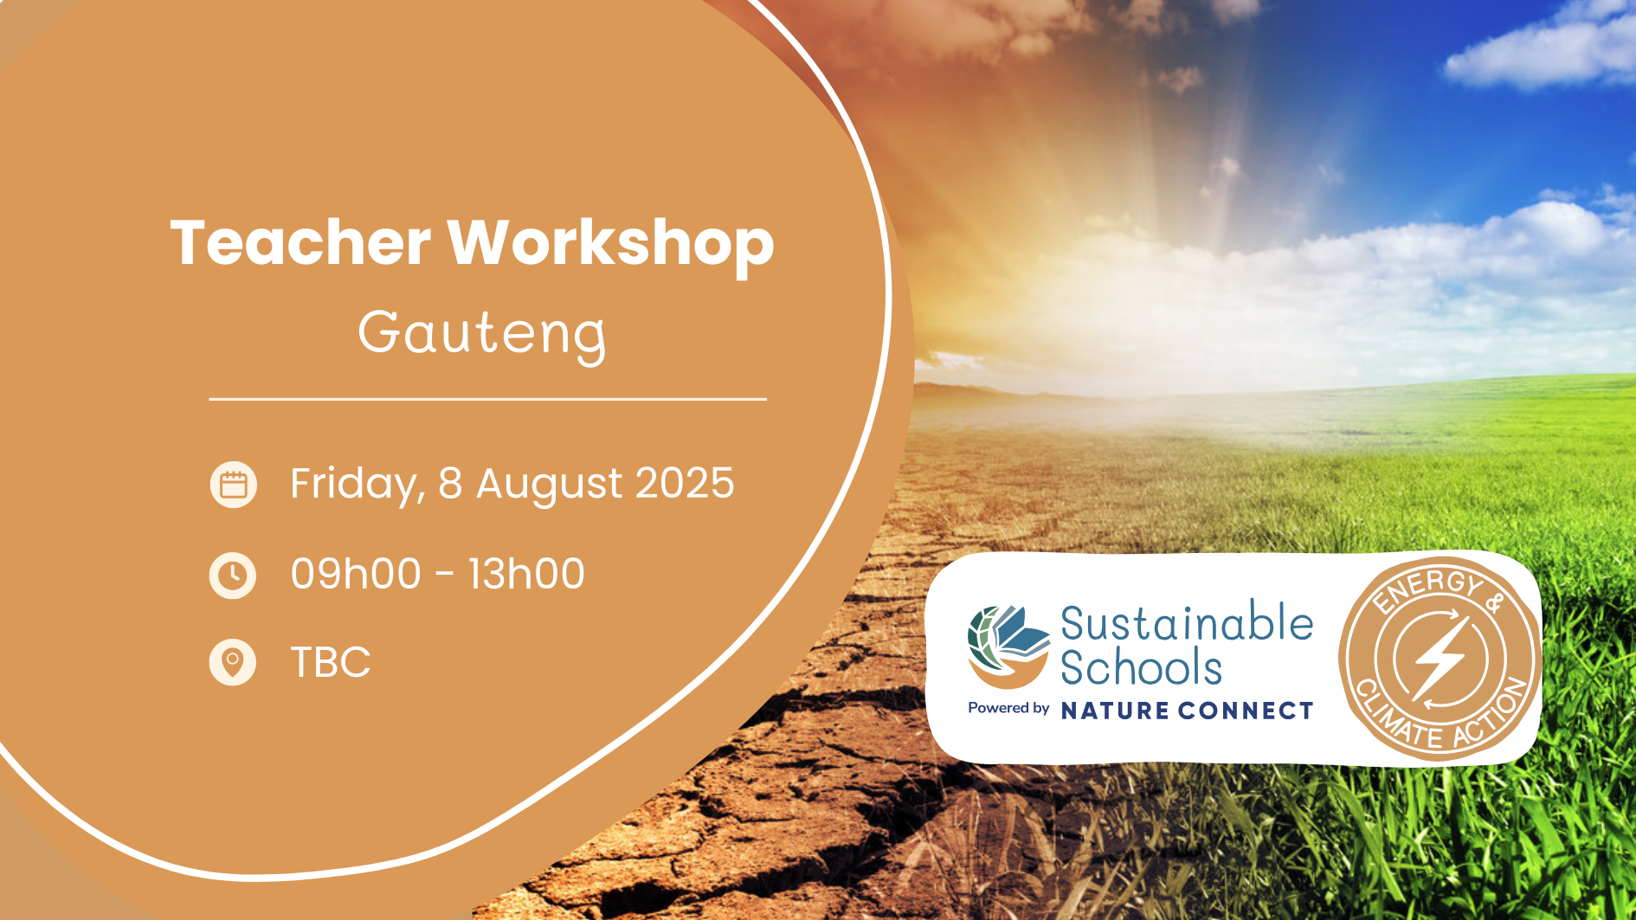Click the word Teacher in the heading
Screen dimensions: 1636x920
(300, 242)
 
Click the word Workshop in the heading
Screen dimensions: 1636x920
(610, 246)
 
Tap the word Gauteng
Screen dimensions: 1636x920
(483, 334)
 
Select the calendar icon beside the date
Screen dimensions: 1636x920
(234, 485)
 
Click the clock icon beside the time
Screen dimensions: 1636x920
(233, 576)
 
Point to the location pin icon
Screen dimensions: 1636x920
(233, 663)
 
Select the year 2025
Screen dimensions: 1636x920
(685, 483)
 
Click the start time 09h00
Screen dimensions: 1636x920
(356, 574)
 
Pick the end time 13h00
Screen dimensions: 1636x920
(526, 574)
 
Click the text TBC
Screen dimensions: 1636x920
(331, 663)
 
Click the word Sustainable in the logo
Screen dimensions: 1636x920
(1187, 623)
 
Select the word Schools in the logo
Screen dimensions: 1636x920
(1142, 668)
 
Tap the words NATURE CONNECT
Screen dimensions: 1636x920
(1188, 711)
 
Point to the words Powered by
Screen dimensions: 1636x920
(1008, 709)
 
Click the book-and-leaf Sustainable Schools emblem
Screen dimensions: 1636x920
(1008, 647)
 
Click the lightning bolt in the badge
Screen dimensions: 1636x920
(1440, 658)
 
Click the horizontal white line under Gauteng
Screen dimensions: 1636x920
(488, 399)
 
